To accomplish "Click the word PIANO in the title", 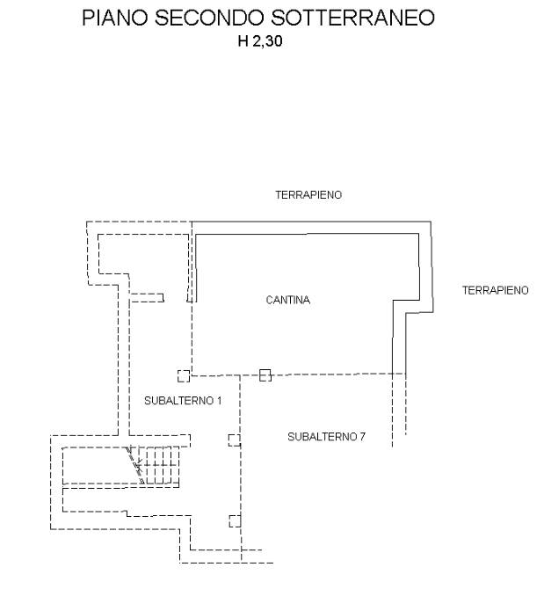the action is [115, 18].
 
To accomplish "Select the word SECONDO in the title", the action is [210, 18].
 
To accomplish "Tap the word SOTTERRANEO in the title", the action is [353, 18].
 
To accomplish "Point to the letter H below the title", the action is [243, 41].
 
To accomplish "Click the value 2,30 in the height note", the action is [267, 41].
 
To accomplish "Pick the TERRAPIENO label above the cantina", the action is [308, 195].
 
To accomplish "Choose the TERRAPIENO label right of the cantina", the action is [495, 290].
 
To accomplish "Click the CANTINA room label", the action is [288, 300].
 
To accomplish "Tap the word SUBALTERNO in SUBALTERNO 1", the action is [178, 401].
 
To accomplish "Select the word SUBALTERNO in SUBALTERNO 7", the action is [322, 437].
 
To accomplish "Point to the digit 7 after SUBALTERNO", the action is [362, 437].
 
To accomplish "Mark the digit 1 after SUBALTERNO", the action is [219, 401].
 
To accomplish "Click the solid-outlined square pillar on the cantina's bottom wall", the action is [265, 375].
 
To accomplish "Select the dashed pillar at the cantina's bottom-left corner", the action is [184, 376].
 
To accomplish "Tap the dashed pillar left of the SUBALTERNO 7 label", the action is [235, 440].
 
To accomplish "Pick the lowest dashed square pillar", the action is [235, 521].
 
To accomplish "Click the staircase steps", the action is [158, 465].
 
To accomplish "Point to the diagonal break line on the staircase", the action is [134, 465].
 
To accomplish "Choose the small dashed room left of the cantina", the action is [143, 254].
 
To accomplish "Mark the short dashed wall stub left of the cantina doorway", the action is [147, 298].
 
